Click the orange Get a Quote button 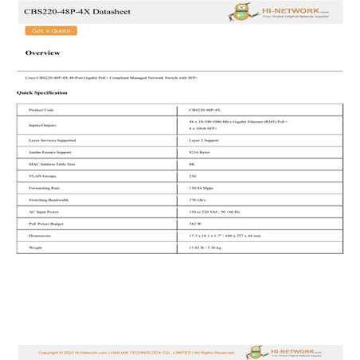pos(51,30)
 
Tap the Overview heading pos(42,53)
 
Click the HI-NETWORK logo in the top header pos(292,12)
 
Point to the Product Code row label pos(41,110)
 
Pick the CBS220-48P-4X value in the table pos(205,110)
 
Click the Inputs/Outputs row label pos(43,125)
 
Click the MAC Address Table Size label pos(51,163)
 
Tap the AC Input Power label pos(44,212)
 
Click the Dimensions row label pos(40,236)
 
